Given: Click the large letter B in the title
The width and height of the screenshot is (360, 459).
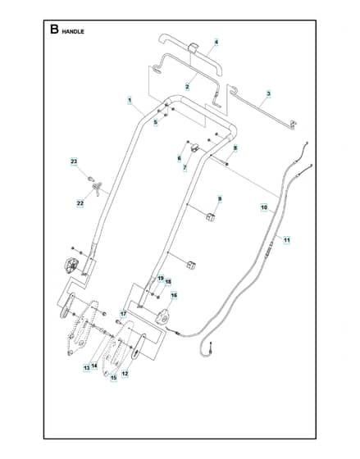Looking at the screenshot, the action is pos(54,30).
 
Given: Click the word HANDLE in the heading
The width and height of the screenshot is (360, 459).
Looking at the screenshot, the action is pos(73,32).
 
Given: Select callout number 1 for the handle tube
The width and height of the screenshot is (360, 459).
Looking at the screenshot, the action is pos(130,100).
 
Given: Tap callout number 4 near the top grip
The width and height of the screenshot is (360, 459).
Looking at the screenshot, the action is pos(216,42).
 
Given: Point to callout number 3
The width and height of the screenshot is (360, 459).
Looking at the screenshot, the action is pos(268,94).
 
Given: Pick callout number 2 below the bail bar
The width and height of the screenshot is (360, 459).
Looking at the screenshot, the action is pos(187,87).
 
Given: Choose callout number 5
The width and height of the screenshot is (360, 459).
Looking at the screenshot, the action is pos(156,122).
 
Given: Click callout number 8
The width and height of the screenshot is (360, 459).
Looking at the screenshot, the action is pos(235,148).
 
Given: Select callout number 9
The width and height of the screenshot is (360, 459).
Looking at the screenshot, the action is pos(220,199).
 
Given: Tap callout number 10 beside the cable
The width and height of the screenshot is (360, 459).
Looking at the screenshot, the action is pos(264,207).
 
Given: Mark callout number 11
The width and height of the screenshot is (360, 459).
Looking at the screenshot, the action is pos(287,240).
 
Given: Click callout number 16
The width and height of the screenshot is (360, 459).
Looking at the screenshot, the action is pos(174,296).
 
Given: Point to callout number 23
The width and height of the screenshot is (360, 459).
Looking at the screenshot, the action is pos(74,161).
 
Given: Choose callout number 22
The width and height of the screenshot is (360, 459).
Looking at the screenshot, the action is pos(80,203).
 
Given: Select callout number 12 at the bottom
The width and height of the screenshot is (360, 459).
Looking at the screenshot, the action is pos(125,374).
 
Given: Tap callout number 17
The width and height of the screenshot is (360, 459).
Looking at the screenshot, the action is pos(123,314).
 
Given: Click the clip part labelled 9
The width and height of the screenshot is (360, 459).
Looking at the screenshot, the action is pos(210,217).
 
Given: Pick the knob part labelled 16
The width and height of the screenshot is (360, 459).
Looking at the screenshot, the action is pos(162,316).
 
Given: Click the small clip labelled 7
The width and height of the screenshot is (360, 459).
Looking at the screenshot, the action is pos(194,148).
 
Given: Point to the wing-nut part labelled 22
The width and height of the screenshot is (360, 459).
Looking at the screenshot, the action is pos(98,188).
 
